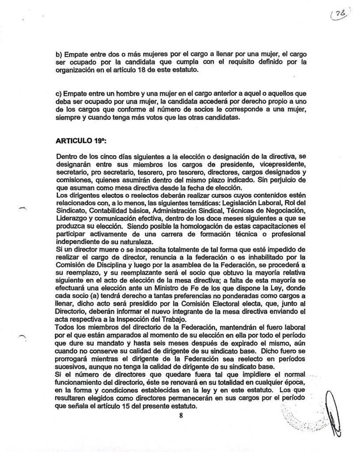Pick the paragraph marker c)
[60, 94]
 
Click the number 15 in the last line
[119, 406]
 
